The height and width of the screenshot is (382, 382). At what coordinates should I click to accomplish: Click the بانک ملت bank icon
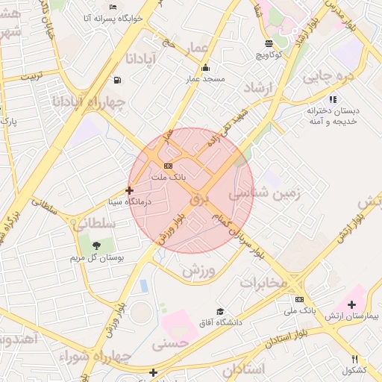pyautogui.click(x=168, y=166)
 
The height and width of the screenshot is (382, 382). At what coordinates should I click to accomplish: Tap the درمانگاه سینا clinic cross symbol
pyautogui.click(x=130, y=190)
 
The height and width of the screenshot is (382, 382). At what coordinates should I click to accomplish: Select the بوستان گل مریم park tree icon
pyautogui.click(x=95, y=245)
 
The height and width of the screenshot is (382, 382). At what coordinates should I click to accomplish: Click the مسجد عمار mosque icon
pyautogui.click(x=205, y=68)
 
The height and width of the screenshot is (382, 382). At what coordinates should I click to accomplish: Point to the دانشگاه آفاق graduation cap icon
pyautogui.click(x=219, y=311)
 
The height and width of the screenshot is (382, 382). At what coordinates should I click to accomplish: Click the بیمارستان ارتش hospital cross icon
pyautogui.click(x=351, y=304)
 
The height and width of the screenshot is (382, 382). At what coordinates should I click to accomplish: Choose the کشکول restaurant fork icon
pyautogui.click(x=354, y=359)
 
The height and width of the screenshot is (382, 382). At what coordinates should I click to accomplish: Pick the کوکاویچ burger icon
pyautogui.click(x=269, y=43)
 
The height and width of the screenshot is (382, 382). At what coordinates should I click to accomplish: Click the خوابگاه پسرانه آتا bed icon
pyautogui.click(x=113, y=7)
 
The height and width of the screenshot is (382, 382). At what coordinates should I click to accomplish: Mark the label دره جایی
pyautogui.click(x=326, y=76)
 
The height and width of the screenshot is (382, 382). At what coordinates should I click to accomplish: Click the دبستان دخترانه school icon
pyautogui.click(x=333, y=98)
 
